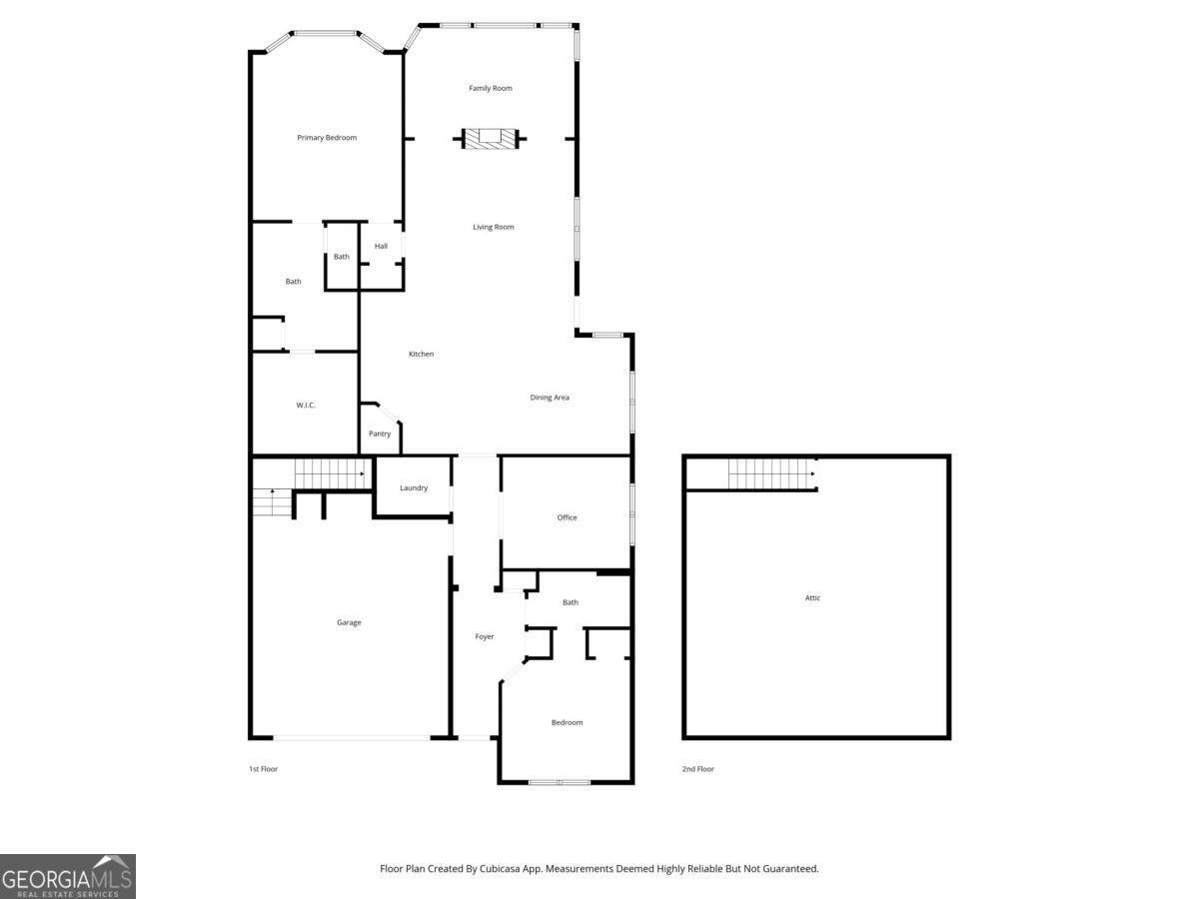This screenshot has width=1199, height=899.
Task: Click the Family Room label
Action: (x=491, y=88)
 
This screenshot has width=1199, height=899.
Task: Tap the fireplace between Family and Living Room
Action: (x=491, y=139)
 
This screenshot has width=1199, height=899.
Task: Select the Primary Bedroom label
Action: (x=327, y=138)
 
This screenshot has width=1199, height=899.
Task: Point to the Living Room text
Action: (x=494, y=227)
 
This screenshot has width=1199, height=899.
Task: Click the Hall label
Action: (x=381, y=247)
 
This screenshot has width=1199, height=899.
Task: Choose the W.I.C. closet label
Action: (x=306, y=405)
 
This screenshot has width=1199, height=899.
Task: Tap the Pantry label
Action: (x=380, y=434)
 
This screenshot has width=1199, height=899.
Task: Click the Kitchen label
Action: (x=422, y=355)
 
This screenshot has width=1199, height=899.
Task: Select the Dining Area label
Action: (x=550, y=398)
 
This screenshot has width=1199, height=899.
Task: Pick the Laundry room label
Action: (x=414, y=488)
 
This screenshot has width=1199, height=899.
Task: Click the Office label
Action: (x=567, y=517)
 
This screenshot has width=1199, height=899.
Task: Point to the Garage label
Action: (x=349, y=622)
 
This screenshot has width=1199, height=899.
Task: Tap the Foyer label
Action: (x=485, y=637)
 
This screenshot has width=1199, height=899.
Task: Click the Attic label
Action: (x=813, y=598)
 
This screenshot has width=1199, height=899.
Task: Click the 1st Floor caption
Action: (x=263, y=769)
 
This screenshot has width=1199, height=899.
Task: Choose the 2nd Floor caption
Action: (x=698, y=769)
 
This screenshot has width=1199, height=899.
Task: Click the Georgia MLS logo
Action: (x=67, y=876)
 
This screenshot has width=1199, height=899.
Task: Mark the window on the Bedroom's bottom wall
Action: (x=560, y=781)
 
